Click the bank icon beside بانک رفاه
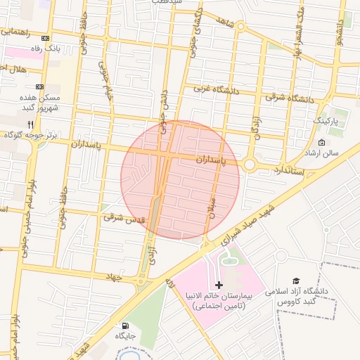[46, 39]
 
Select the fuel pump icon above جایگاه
[126, 326]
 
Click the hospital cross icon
[219, 285]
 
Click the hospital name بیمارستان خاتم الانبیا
[219, 298]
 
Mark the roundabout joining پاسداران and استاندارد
[250, 165]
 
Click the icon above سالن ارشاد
[322, 143]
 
